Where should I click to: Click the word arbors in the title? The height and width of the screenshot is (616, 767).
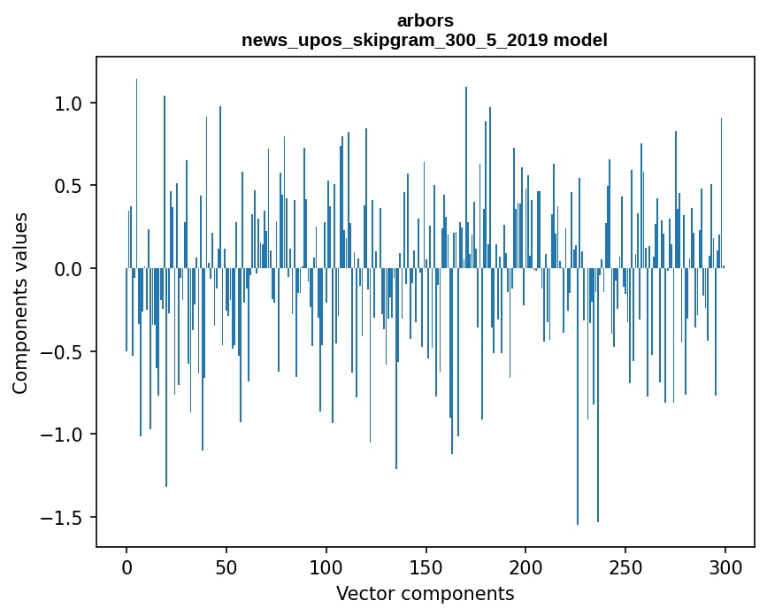(x=425, y=20)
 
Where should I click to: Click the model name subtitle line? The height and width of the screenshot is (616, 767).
(x=425, y=41)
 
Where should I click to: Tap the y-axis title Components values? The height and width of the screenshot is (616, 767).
(x=20, y=303)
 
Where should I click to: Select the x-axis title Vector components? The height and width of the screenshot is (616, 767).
(x=425, y=593)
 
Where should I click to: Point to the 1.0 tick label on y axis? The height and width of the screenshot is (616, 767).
(x=68, y=104)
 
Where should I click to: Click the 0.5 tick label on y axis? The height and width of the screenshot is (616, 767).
(x=68, y=186)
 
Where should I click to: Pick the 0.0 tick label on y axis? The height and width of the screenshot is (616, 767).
(x=68, y=269)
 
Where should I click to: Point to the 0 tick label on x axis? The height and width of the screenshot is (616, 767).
(x=127, y=566)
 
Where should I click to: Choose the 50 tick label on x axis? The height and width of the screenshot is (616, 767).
(x=226, y=566)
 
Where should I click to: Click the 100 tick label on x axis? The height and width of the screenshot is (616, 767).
(x=326, y=566)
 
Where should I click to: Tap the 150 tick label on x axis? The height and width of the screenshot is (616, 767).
(x=426, y=566)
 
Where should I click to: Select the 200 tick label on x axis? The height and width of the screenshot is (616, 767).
(x=525, y=566)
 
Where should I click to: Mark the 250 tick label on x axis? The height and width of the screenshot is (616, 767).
(x=625, y=566)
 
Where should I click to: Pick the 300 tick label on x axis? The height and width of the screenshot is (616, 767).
(x=725, y=566)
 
